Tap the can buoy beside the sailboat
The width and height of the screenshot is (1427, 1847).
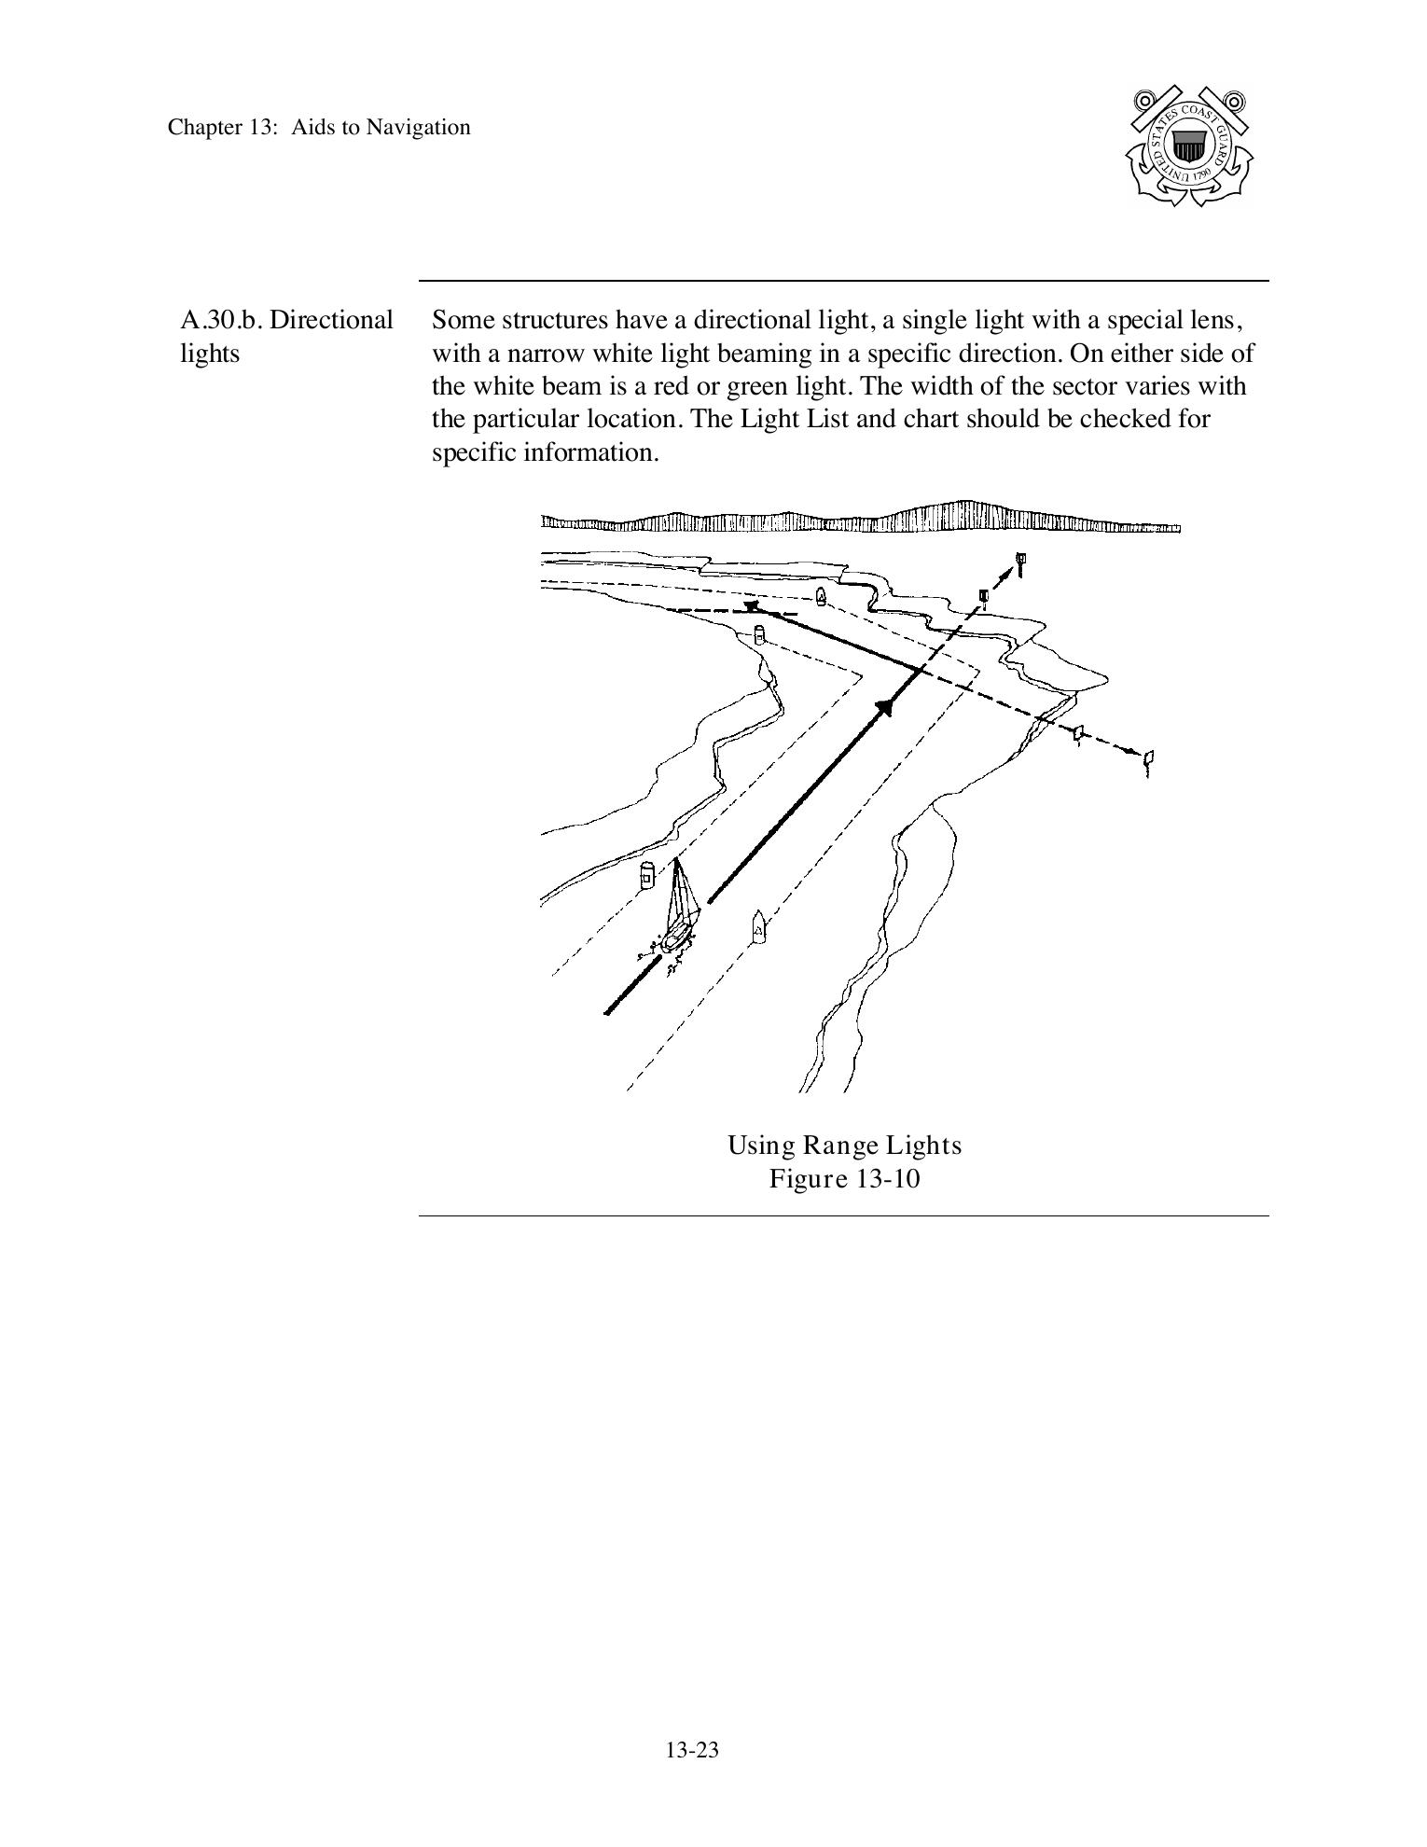pos(646,876)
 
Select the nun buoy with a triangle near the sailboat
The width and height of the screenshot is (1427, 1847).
pos(758,927)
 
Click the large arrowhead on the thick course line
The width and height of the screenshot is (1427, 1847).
pos(884,706)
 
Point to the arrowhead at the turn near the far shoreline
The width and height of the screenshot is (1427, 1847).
pos(752,607)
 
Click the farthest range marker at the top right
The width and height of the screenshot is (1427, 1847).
pos(1022,562)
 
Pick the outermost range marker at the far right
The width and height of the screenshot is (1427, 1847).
pos(1149,760)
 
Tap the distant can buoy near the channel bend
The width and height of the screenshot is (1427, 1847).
pos(759,634)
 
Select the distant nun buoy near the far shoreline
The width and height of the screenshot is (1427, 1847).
pos(821,596)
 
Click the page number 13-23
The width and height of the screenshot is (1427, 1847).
pos(692,1750)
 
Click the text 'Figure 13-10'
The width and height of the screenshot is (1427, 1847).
pos(844,1179)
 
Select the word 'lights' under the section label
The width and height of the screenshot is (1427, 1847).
pos(210,354)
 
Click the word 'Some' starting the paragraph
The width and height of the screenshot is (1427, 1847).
pos(461,320)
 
